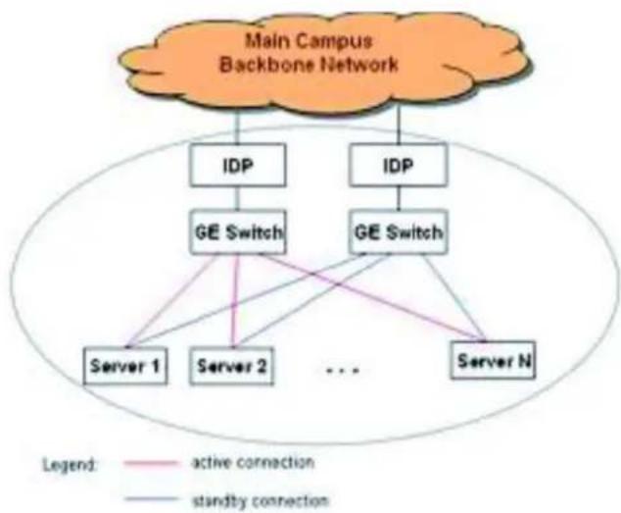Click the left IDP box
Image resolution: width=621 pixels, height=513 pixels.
[x=238, y=165]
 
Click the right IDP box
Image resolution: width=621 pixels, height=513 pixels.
[x=399, y=165]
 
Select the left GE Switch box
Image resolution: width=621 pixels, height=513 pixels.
[x=238, y=232]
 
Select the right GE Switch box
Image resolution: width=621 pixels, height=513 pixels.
[x=399, y=232]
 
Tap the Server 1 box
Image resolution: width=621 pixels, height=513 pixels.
[x=125, y=366]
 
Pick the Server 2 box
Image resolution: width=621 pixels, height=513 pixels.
[x=232, y=366]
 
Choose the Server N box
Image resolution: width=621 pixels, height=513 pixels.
[x=494, y=361]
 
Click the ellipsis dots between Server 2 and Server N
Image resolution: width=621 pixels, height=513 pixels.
[x=343, y=372]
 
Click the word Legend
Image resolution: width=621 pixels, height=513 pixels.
[x=70, y=465]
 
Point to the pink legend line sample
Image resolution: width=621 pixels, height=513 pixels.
[x=151, y=463]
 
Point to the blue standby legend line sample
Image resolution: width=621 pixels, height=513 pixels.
[x=151, y=499]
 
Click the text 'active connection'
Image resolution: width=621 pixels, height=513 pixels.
[x=253, y=463]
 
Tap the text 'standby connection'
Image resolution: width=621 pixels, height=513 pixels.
[x=261, y=500]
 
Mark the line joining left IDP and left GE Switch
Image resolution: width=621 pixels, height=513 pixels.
[x=238, y=198]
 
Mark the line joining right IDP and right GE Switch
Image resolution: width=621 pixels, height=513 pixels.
[x=399, y=198]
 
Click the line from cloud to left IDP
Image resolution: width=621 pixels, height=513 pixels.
[x=238, y=128]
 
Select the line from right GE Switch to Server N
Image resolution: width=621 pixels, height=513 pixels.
[x=454, y=297]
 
